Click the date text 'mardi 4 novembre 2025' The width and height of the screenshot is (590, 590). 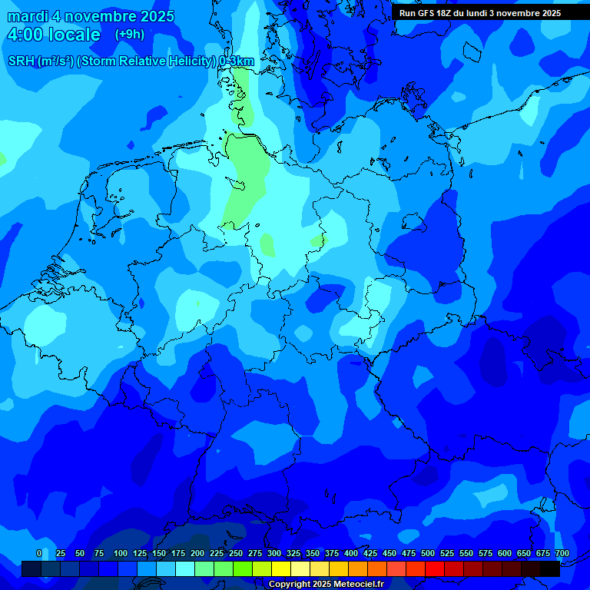click(91, 16)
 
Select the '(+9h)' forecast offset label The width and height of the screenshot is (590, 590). click(130, 35)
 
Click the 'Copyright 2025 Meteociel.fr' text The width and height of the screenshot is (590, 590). click(325, 585)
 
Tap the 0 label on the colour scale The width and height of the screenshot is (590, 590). click(39, 553)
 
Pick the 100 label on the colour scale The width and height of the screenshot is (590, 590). click(121, 553)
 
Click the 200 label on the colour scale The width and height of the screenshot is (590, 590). click(197, 553)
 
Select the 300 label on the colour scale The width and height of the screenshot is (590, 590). click(274, 553)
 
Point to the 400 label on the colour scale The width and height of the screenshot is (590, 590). click(351, 553)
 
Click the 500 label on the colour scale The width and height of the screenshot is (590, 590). click(428, 553)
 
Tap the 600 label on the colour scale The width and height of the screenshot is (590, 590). click(505, 553)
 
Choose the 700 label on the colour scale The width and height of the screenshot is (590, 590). click(562, 553)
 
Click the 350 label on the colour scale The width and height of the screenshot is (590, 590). click(313, 553)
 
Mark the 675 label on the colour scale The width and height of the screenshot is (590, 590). click(543, 553)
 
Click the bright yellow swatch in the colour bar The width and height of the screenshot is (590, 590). click(281, 568)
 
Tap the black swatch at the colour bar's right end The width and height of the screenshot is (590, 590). click(550, 568)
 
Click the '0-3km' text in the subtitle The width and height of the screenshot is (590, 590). click(237, 61)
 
